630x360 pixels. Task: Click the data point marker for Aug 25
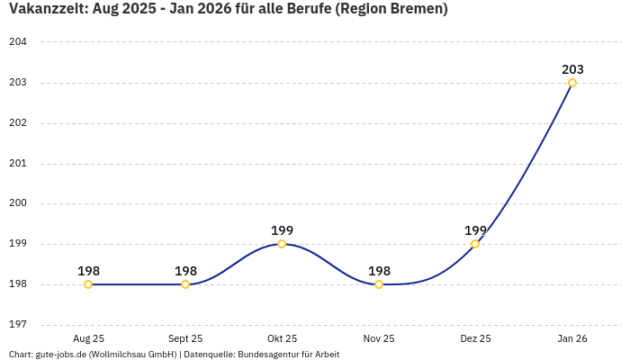pos(88,284)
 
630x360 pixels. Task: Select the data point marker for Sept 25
pos(185,284)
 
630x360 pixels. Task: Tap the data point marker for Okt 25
pos(282,244)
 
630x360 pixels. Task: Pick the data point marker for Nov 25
pos(379,284)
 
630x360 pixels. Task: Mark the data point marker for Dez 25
pos(475,244)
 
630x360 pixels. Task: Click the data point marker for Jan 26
pos(572,83)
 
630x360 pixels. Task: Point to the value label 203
pos(572,69)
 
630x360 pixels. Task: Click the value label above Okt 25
pos(282,230)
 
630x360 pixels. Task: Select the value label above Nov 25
pos(379,271)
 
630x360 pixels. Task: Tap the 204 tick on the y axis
pos(18,42)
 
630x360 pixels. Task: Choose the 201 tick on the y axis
pos(18,164)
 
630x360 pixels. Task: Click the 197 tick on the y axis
pos(18,325)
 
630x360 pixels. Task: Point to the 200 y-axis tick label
pos(18,203)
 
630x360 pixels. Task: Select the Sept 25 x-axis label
pos(185,339)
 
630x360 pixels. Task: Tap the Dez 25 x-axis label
pos(475,339)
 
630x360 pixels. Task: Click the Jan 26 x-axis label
pos(572,339)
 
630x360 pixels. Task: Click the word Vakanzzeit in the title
pos(48,9)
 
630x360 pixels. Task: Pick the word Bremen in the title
pos(416,9)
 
